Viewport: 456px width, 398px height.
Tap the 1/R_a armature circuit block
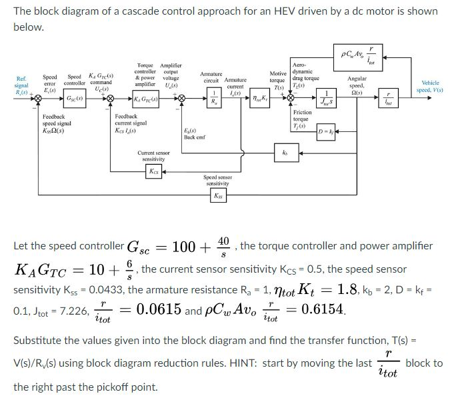pos(213,100)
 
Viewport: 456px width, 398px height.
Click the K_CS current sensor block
pos(154,170)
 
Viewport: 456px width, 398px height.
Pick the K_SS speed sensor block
pos(218,196)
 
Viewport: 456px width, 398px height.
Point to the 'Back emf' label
pos(193,134)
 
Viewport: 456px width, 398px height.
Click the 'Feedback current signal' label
pos(131,123)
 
